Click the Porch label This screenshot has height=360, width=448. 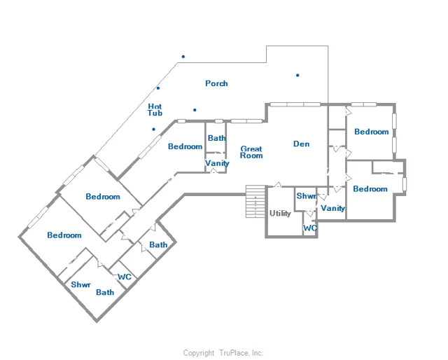click(216, 83)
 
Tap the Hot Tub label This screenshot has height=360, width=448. click(155, 110)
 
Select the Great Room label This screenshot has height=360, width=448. click(251, 152)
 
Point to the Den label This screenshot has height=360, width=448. click(302, 144)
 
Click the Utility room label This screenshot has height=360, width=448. click(280, 214)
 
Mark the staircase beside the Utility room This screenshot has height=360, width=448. click(255, 201)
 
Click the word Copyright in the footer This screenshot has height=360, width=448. click(199, 353)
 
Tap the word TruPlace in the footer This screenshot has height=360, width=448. click(234, 353)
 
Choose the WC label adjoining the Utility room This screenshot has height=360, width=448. click(310, 228)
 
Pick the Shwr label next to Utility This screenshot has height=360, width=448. click(307, 196)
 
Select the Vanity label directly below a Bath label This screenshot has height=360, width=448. click(217, 163)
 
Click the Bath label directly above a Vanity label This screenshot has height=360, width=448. click(216, 138)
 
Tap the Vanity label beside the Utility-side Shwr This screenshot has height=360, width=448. click(333, 208)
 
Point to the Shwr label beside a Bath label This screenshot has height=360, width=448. click(81, 284)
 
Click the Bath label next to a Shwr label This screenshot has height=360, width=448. click(105, 292)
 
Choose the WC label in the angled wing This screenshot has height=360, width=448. click(125, 277)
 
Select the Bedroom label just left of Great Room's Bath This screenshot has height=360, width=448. click(185, 146)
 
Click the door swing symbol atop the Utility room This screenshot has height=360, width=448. click(277, 185)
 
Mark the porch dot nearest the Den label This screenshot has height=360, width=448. click(297, 75)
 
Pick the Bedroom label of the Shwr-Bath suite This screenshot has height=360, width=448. click(64, 235)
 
